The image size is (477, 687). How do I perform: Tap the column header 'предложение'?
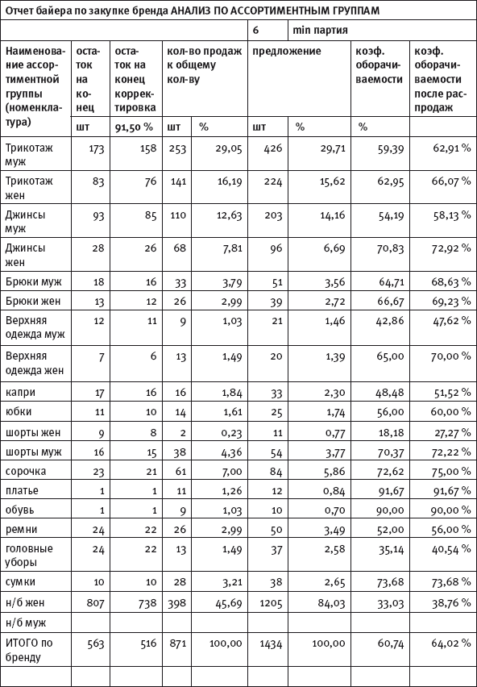click(287, 52)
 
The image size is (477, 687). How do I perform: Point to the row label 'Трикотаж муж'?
click(29, 154)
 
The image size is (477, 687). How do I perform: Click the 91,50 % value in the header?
click(134, 127)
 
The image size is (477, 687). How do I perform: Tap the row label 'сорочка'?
click(26, 472)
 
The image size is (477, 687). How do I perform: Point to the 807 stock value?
click(95, 603)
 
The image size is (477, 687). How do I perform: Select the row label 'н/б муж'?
click(26, 622)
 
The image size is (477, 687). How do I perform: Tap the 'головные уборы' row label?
click(29, 555)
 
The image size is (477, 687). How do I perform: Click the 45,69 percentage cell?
click(229, 603)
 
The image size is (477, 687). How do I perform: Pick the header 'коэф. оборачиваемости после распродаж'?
click(440, 79)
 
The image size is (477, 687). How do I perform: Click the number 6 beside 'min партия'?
click(255, 31)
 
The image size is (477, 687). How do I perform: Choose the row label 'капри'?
click(21, 392)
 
